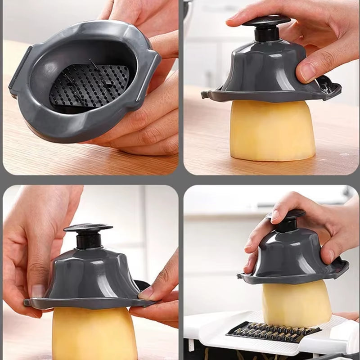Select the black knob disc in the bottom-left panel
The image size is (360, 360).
pyautogui.click(x=88, y=228)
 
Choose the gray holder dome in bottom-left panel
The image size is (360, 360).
pyautogui.click(x=90, y=274)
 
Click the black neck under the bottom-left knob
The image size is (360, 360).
pyautogui.click(x=87, y=240)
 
